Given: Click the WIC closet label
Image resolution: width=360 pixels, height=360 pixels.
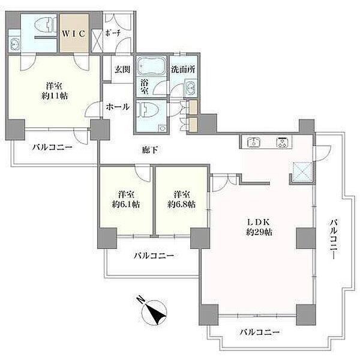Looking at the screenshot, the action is point(74,34).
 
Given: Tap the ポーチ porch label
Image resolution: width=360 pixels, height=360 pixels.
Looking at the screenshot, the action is point(113,33).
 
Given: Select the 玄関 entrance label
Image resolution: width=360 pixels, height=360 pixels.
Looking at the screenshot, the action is point(122,70).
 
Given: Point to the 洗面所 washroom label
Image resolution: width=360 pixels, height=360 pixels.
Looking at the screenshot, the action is point(183,70).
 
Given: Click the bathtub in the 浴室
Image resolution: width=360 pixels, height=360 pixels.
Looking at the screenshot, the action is point(151,66).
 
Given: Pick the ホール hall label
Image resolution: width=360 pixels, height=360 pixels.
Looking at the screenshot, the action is point(118,107).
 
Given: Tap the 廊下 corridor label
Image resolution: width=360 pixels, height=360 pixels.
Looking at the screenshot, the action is point(150,151).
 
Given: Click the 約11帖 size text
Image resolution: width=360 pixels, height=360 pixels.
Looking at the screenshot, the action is point(55,96).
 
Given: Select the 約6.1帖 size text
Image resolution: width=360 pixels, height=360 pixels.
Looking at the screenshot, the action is point(126,205).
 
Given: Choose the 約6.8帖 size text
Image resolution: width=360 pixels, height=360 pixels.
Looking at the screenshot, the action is point(181,205).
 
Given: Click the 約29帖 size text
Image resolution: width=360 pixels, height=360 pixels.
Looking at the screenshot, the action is point(259,232).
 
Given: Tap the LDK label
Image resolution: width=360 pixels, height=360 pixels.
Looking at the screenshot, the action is point(258,222).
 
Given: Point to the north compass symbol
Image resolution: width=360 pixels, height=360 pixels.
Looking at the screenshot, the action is point(154,312).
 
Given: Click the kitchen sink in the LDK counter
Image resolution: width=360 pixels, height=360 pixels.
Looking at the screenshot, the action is point(254,142).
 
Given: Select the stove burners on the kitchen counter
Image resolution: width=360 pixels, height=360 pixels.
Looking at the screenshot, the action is point(283,142).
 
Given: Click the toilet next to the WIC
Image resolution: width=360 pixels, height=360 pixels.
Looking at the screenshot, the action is point(46,25).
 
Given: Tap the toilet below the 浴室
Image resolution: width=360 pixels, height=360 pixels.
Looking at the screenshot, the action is point(148,110).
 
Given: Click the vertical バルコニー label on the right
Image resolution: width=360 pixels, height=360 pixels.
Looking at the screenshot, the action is point(334,239).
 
